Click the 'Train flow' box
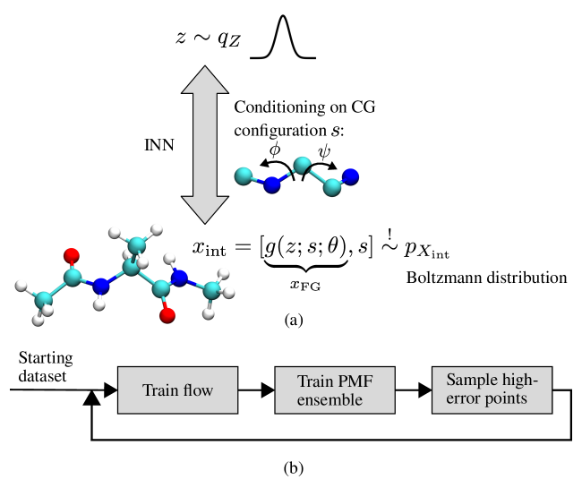(x=177, y=390)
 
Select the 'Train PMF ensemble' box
(x=334, y=390)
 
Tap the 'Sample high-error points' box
(x=492, y=390)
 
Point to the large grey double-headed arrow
(x=205, y=143)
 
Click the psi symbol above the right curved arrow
(x=324, y=153)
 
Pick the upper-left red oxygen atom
(x=72, y=255)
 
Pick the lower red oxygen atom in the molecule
(x=167, y=314)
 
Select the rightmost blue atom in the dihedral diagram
(x=350, y=176)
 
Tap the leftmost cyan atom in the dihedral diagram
(x=243, y=176)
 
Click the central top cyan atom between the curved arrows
(x=303, y=166)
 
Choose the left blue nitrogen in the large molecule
(x=101, y=287)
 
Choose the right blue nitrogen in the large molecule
(x=179, y=278)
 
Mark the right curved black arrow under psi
(x=323, y=167)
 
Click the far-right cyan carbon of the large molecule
(x=213, y=290)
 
